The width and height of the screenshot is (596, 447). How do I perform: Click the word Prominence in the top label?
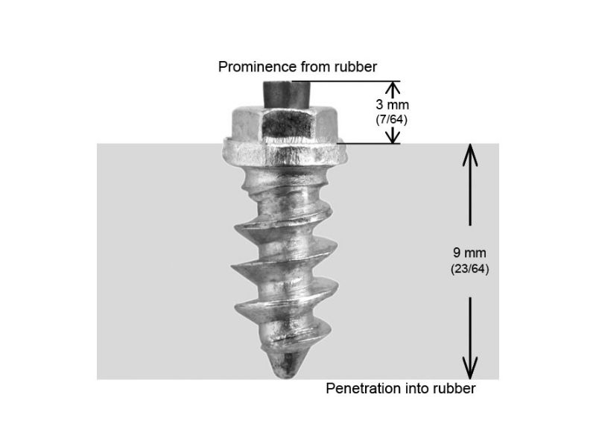(258, 67)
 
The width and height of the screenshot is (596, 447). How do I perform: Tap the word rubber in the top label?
(355, 67)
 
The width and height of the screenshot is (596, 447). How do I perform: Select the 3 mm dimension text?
(393, 104)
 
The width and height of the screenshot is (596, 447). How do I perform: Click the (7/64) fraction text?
(392, 120)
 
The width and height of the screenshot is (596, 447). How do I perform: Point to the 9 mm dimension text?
(469, 253)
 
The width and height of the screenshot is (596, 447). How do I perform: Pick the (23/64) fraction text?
(470, 269)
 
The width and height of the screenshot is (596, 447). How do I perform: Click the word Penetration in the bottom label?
(364, 388)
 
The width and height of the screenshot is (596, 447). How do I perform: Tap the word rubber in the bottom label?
(454, 388)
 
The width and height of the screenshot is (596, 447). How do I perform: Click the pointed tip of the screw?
(285, 378)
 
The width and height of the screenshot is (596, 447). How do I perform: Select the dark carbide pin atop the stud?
(287, 95)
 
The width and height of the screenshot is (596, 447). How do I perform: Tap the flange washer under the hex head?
(285, 153)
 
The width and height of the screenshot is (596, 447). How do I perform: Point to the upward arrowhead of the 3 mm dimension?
(393, 88)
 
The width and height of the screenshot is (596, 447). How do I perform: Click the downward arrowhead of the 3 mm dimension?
(393, 137)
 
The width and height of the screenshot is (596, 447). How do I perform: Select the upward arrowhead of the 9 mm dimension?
(470, 155)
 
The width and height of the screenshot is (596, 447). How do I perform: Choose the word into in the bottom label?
(416, 388)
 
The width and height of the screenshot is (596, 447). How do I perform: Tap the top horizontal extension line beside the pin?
(345, 81)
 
